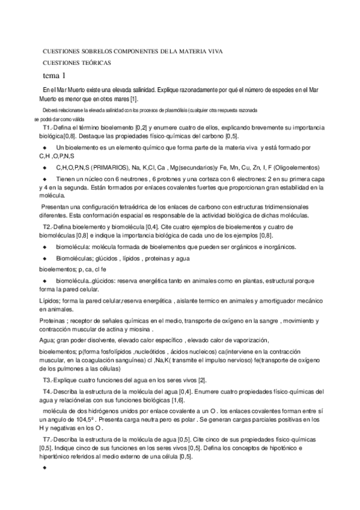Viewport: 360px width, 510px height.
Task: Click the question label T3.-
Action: pos(50,381)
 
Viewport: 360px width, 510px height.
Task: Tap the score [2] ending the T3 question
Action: pos(203,381)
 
